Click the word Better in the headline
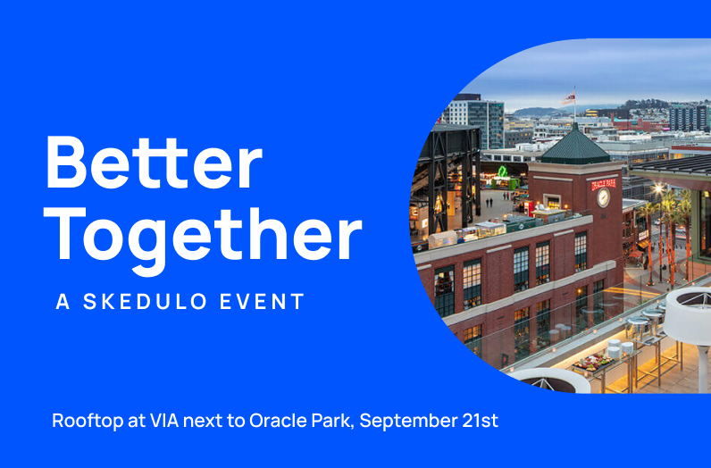click(154, 163)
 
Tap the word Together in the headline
click(203, 240)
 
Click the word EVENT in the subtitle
click(262, 302)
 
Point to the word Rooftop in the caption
click(88, 422)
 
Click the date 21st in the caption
click(481, 420)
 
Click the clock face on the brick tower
click(603, 197)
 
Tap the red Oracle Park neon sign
click(604, 184)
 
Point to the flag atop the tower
click(569, 97)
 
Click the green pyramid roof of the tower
click(575, 144)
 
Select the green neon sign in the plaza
click(502, 171)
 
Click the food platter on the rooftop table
click(593, 362)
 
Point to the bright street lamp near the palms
click(658, 188)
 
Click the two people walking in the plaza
click(489, 202)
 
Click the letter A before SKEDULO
click(63, 302)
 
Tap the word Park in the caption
click(331, 420)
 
